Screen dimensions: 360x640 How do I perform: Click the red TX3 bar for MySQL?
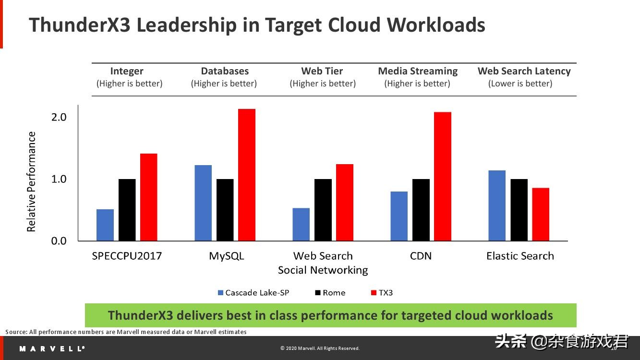coord(247,175)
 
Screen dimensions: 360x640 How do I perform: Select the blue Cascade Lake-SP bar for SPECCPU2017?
coord(105,225)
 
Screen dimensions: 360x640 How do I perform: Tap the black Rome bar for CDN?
coord(421,210)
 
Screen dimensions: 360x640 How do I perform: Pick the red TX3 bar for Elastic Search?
coord(541,214)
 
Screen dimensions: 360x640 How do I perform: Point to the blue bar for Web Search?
coord(301,224)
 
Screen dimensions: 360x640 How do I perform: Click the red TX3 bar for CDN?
coord(443,176)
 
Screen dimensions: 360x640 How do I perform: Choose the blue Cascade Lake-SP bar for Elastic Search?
coord(497,205)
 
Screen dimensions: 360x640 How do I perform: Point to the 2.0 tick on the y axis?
coord(59,117)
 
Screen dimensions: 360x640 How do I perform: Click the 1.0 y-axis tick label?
coord(59,179)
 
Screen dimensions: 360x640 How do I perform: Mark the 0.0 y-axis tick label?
coord(59,241)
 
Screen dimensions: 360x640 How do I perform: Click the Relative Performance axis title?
coord(32,181)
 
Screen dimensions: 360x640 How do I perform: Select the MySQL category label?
coord(226,256)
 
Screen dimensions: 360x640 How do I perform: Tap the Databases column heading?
coord(225,71)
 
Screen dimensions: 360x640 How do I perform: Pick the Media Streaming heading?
coord(418,71)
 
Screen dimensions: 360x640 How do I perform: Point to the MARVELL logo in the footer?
coord(52,348)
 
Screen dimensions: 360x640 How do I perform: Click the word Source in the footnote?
coord(16,332)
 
